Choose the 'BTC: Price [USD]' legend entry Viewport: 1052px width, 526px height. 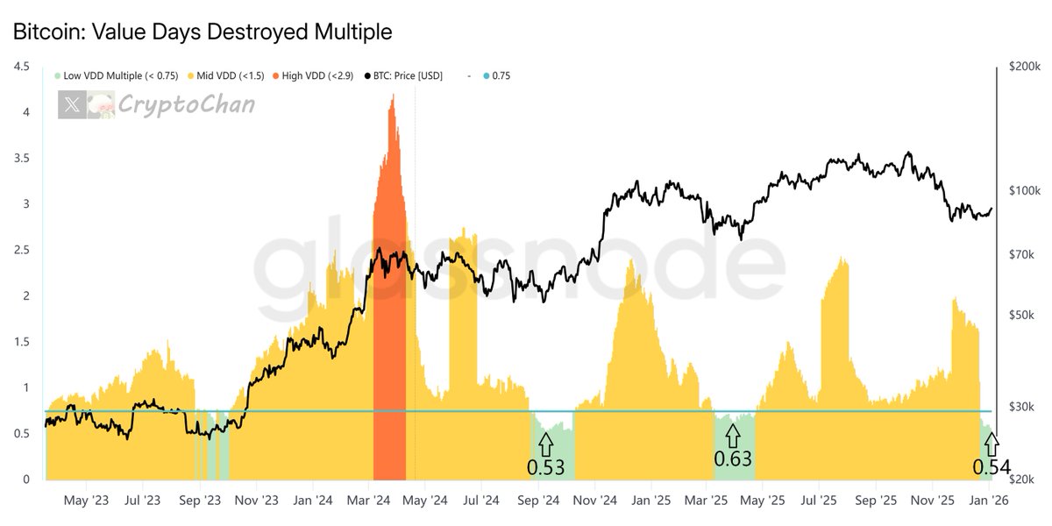click(x=406, y=76)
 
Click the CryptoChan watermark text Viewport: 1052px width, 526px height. click(x=186, y=105)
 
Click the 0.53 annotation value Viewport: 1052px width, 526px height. click(x=545, y=466)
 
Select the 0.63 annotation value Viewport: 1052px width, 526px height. click(x=733, y=458)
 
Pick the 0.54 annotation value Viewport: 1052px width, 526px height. click(x=992, y=466)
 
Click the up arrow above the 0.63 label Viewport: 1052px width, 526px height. click(x=733, y=433)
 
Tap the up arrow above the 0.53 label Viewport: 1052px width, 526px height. click(x=545, y=441)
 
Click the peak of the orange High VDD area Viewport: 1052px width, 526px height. click(x=392, y=95)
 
